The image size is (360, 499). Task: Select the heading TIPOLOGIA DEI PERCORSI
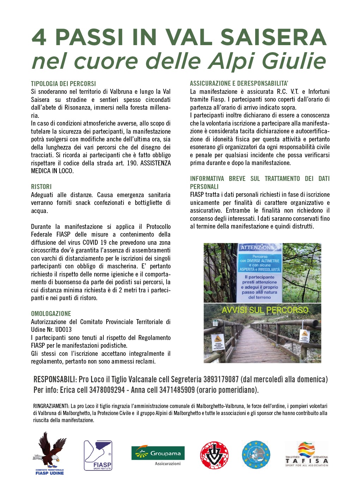[x=64, y=84]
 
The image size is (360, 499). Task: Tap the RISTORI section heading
[x=41, y=187]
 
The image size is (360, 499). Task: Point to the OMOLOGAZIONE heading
[x=51, y=314]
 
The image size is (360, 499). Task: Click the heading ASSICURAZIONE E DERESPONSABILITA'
[x=239, y=84]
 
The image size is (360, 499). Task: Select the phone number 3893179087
[x=221, y=379]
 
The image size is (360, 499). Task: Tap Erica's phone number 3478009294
[x=107, y=390]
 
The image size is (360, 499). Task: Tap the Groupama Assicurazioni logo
[x=158, y=455]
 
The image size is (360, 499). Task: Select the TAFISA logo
[x=307, y=454]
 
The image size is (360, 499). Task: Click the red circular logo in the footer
[x=214, y=455]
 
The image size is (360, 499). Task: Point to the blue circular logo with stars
[x=256, y=455]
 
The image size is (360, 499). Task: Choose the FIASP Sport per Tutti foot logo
[x=98, y=455]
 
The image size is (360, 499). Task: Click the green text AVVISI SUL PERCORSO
[x=265, y=310]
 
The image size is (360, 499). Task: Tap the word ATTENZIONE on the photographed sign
[x=260, y=248]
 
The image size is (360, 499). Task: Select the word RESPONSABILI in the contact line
[x=54, y=379]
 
